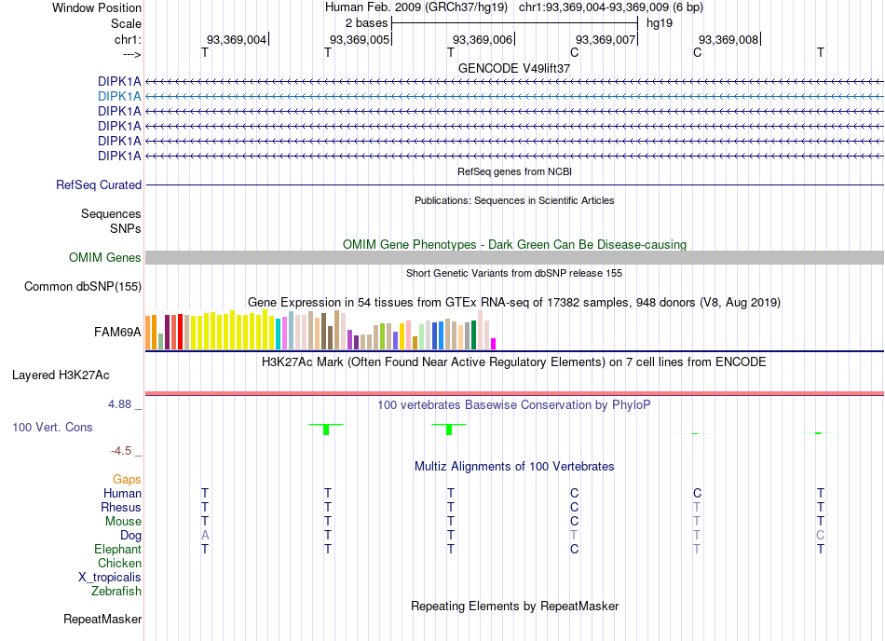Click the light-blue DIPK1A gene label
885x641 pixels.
pos(119,97)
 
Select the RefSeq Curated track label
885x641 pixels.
pos(99,185)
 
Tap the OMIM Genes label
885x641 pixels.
pos(105,258)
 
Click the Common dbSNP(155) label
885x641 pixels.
pos(83,287)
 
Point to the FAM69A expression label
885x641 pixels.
pos(117,333)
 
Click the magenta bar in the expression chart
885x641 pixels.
pos(494,344)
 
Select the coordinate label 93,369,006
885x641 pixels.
pos(483,39)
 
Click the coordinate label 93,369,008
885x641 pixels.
pos(728,39)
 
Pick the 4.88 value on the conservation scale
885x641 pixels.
pos(119,404)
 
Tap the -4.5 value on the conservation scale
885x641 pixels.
pos(121,450)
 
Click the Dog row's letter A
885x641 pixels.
pos(205,535)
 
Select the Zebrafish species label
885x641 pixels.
pos(116,592)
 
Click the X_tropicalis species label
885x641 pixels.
pos(110,578)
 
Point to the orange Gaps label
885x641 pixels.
pos(127,479)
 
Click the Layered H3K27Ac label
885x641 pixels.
pos(61,375)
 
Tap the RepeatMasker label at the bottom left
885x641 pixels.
pos(102,619)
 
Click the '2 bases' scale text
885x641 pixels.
pos(366,23)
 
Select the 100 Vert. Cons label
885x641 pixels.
pos(52,427)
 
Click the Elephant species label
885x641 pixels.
pos(118,549)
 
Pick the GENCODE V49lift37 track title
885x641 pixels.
pos(514,68)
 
